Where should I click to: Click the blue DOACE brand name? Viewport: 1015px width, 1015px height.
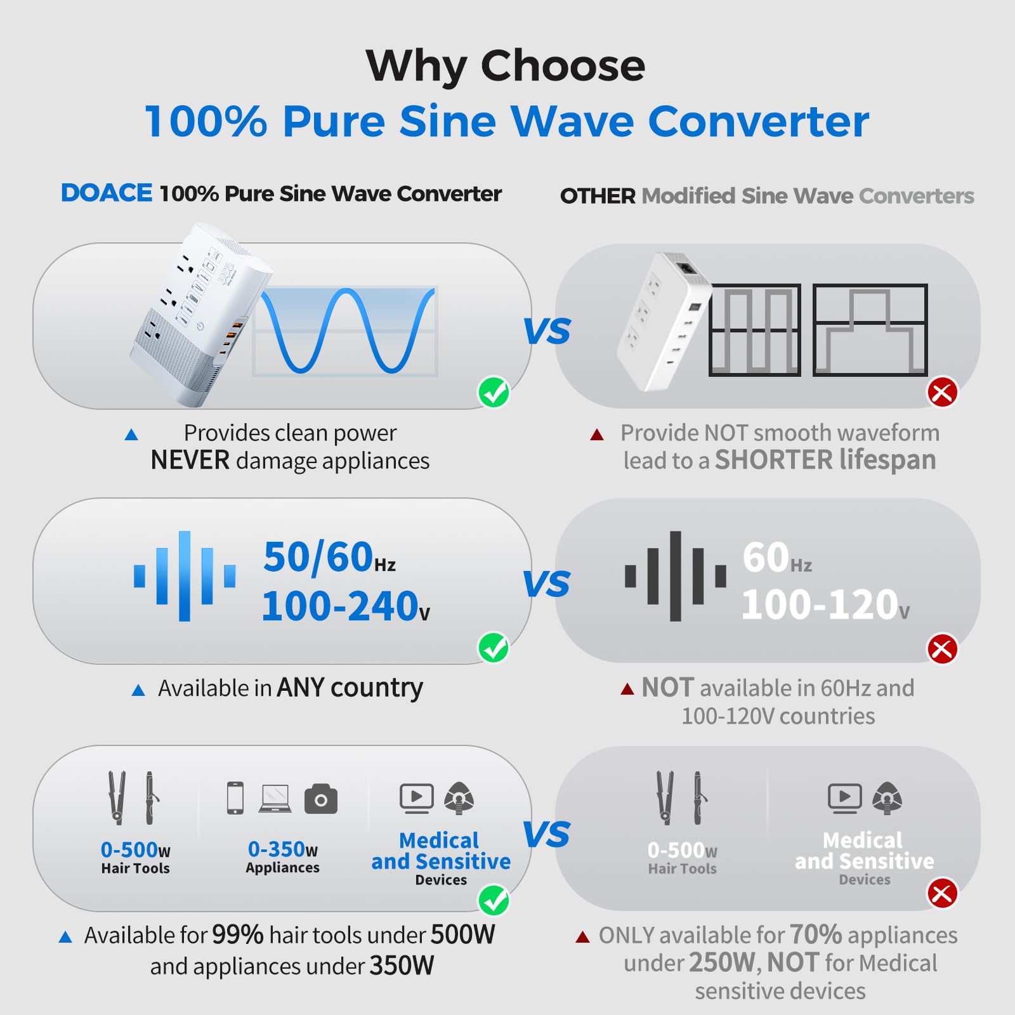pos(107,193)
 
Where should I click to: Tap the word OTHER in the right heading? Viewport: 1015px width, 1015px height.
pos(597,196)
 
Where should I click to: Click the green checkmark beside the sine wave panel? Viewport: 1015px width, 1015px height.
pos(494,393)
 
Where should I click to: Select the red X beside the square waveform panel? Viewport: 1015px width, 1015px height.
pos(942,393)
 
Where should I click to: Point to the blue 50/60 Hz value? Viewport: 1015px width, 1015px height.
pos(329,558)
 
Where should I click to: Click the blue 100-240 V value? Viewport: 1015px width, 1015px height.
pos(345,606)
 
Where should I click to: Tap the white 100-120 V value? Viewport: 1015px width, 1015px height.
pos(825,605)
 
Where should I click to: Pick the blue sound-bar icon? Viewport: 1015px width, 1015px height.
pos(185,576)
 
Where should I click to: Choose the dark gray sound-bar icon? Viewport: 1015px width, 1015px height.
pos(675,576)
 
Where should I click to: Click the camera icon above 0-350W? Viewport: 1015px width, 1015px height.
pos(321,799)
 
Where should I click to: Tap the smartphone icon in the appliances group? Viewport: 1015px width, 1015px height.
pos(235,798)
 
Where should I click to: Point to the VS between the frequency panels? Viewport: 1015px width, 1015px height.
pos(547,584)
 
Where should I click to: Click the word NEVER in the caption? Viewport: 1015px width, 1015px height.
pos(190,460)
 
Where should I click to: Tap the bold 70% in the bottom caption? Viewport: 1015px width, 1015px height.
pos(816,934)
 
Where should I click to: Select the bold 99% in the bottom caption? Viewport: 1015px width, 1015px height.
pos(237,934)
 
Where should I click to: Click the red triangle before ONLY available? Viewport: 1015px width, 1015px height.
pos(582,937)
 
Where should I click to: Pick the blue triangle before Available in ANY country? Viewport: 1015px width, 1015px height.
pos(138,690)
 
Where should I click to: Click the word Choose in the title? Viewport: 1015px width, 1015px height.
pos(563,65)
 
